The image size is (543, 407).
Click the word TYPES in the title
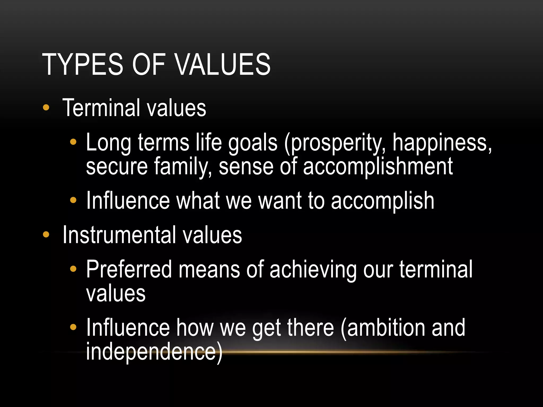pyautogui.click(x=82, y=64)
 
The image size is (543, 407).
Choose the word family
pyautogui.click(x=183, y=166)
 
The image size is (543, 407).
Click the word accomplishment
pyautogui.click(x=378, y=166)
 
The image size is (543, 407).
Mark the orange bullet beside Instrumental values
pyautogui.click(x=46, y=235)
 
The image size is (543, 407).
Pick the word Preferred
pyautogui.click(x=129, y=269)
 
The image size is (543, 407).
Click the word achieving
pyautogui.click(x=313, y=270)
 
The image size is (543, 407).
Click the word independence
pyautogui.click(x=151, y=351)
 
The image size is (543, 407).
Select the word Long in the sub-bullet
pyautogui.click(x=108, y=143)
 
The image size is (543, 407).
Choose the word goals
pyautogui.click(x=253, y=143)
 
